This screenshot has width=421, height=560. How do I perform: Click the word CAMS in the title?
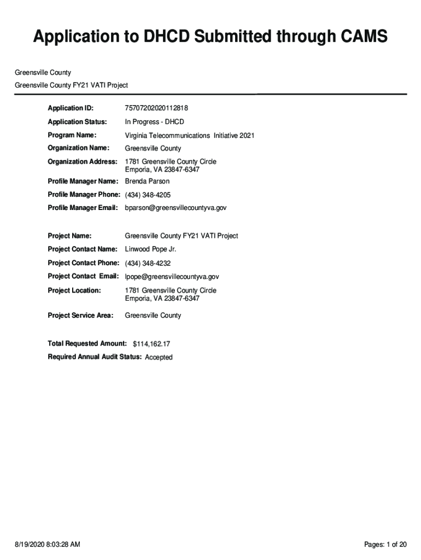356,37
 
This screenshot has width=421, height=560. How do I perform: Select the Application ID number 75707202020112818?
156,108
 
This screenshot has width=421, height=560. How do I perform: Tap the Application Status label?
77,122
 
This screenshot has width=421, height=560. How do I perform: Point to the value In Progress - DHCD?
155,122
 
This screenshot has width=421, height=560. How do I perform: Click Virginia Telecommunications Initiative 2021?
189,135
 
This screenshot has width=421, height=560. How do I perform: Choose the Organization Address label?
83,161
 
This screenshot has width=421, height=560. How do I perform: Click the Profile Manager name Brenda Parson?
147,181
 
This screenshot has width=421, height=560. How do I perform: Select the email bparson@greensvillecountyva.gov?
176,208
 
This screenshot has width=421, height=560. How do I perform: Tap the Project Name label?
69,236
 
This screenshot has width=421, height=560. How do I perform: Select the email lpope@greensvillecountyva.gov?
172,277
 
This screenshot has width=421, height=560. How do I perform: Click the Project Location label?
74,290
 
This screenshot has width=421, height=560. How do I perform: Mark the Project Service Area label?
80,316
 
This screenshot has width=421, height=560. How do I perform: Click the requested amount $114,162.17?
155,344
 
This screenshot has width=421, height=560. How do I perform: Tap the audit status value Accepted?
159,357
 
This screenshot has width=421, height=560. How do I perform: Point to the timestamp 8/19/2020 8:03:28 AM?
48,544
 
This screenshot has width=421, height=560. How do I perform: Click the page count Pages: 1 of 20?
385,544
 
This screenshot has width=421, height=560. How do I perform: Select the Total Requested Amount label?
87,343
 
